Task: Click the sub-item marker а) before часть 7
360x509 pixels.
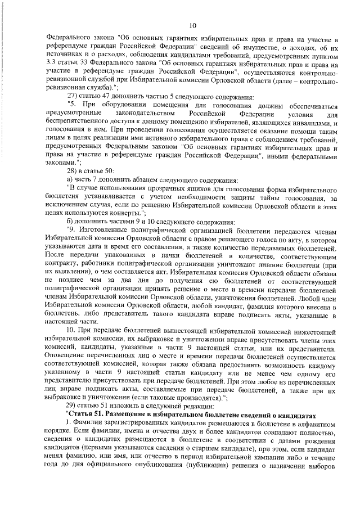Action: point(70,180)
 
